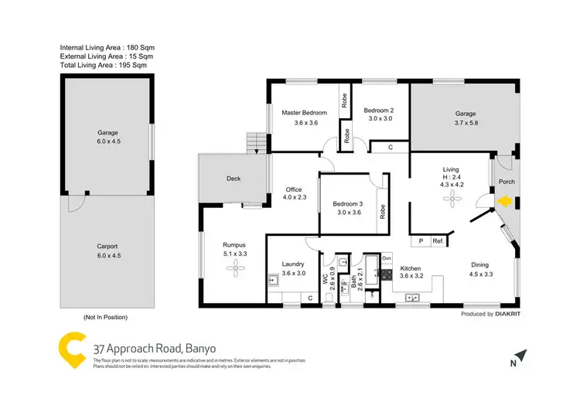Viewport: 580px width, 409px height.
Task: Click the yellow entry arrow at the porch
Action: tap(503, 203)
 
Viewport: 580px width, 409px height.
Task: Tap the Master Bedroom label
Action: tap(305, 113)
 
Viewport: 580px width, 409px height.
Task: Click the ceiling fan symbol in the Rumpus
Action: tap(234, 268)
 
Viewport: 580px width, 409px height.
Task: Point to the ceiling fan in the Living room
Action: tap(449, 199)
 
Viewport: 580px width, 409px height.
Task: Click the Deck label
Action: tap(234, 179)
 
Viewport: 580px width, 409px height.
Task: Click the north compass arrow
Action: tap(522, 356)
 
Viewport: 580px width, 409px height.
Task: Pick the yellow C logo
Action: tap(72, 349)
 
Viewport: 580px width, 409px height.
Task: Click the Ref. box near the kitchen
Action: tap(438, 240)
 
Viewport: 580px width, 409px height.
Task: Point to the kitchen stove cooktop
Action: tap(386, 273)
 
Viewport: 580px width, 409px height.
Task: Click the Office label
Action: tap(293, 189)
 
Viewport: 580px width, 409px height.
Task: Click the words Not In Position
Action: tap(105, 317)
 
